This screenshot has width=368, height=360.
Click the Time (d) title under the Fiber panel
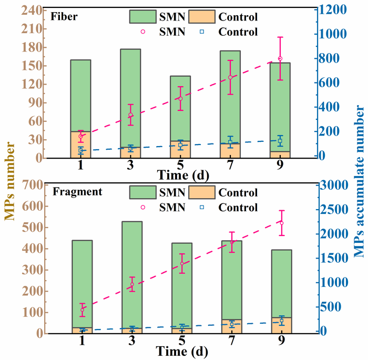click(x=181, y=173)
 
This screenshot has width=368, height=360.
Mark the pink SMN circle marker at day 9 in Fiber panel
click(x=280, y=59)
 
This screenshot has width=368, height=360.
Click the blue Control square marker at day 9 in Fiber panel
click(x=280, y=141)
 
